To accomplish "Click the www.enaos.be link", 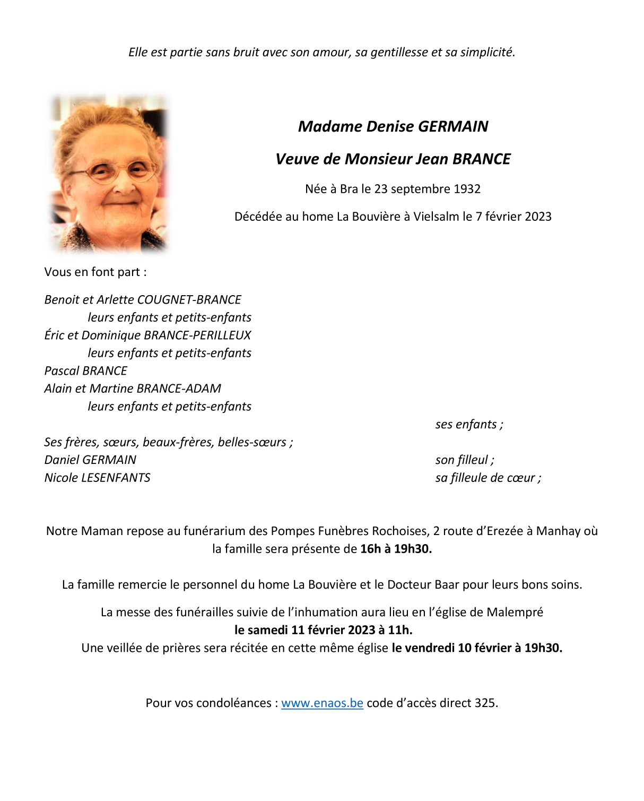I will click(322, 703).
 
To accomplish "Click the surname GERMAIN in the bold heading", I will click(453, 126).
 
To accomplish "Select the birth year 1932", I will click(467, 189).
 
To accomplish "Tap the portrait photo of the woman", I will click(109, 173).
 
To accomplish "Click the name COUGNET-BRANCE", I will click(189, 299).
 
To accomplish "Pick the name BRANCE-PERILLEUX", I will click(197, 335).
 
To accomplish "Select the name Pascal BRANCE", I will click(86, 371).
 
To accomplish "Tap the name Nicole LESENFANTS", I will click(98, 478).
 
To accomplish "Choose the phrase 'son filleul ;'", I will click(465, 460).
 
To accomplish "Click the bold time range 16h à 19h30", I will click(396, 549).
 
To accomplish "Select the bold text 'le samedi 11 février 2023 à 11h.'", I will click(323, 630).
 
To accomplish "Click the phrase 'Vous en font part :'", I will click(95, 272).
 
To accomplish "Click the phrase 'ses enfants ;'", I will click(469, 424).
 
